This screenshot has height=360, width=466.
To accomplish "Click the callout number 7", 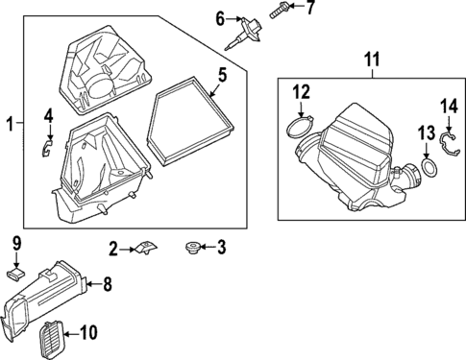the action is click(x=309, y=7).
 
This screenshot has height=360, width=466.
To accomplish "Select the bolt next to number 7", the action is click(x=280, y=10).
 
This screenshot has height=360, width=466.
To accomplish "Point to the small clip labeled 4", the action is click(x=47, y=148).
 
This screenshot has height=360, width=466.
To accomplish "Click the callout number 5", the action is click(x=222, y=76).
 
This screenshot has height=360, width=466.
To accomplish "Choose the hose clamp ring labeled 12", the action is click(x=298, y=129).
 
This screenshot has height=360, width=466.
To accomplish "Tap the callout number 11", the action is click(x=373, y=60).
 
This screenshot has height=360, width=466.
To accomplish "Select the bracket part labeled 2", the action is click(x=146, y=248).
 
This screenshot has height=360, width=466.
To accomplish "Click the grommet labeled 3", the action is click(x=193, y=248).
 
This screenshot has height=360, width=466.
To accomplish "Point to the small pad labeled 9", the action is click(x=16, y=275).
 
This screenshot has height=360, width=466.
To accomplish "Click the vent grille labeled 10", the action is click(x=53, y=336).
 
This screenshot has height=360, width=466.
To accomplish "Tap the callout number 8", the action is click(x=107, y=284).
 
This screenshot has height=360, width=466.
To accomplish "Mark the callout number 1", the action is click(x=11, y=124).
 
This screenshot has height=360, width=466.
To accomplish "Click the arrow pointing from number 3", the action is click(x=208, y=247).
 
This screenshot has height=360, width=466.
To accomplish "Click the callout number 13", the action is click(x=427, y=133).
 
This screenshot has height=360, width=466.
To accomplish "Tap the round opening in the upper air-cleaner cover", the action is click(x=99, y=86).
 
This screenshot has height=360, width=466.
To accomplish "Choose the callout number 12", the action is click(x=302, y=92).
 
